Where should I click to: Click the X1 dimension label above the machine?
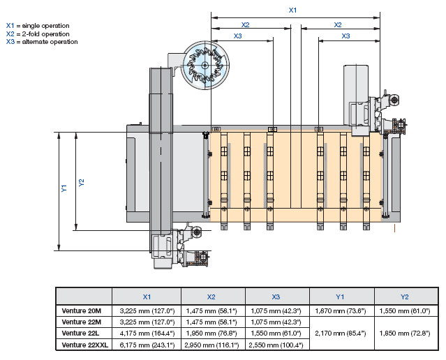[x=293, y=10]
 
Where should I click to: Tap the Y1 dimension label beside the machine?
[x=64, y=188]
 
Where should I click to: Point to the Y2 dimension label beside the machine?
[x=81, y=182]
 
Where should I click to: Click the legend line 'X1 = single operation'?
[x=41, y=25]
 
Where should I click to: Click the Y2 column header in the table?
[x=406, y=295]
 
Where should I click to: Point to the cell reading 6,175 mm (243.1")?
[x=147, y=345]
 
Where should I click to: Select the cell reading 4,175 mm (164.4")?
[x=147, y=333]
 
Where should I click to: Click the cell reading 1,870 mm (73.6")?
[x=340, y=310]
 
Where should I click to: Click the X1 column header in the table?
[x=147, y=295]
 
